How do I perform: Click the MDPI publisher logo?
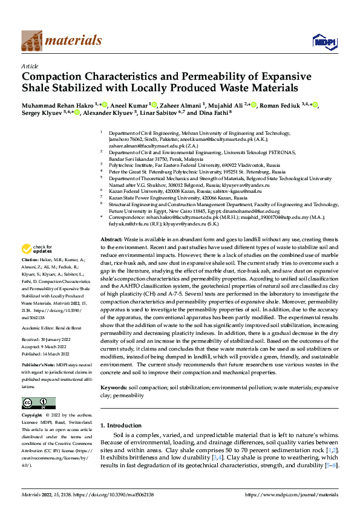click(320, 41)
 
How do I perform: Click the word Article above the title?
click(30, 66)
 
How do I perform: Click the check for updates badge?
click(38, 265)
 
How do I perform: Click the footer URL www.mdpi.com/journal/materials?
click(289, 494)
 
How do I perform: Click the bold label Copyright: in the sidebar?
click(33, 415)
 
